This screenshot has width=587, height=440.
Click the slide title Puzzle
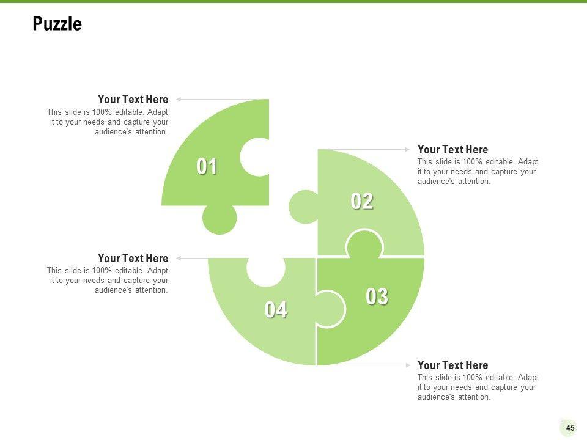click(57, 24)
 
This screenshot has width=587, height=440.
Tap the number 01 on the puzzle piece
click(207, 166)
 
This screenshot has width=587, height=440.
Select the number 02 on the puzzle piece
click(362, 201)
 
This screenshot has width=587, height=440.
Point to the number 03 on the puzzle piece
click(377, 297)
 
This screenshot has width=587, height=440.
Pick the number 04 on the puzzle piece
click(276, 310)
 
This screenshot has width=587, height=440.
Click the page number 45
click(570, 428)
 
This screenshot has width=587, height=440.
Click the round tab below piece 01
click(220, 219)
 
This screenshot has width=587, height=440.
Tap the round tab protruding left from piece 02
click(304, 207)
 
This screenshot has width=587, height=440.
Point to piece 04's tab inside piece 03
click(330, 309)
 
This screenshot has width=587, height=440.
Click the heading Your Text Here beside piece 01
click(133, 100)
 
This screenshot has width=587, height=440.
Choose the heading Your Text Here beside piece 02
click(452, 150)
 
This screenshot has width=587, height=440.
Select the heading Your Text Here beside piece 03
click(452, 365)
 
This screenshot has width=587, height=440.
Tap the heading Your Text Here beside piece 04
click(133, 258)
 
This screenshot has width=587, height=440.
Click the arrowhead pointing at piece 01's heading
click(179, 100)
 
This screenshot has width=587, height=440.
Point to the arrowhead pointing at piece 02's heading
click(408, 150)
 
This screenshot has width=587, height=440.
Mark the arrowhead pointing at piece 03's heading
click(408, 365)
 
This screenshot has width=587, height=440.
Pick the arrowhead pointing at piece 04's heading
click(179, 258)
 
